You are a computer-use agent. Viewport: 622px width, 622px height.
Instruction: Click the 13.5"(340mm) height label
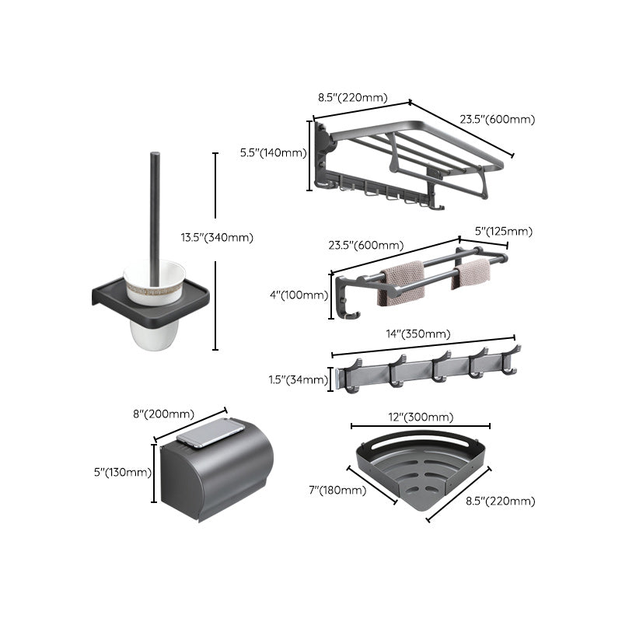coord(217,238)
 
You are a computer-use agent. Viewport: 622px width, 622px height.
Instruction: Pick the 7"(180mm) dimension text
coord(337,490)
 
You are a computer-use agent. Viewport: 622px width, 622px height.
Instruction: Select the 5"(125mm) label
coord(503,231)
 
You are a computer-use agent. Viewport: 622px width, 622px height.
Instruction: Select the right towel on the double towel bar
coord(471,274)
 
